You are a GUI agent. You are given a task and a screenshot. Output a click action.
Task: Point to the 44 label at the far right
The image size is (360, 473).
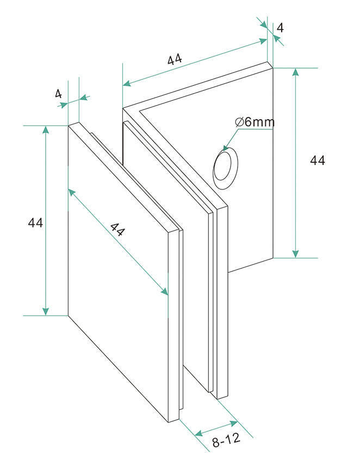(x=318, y=161)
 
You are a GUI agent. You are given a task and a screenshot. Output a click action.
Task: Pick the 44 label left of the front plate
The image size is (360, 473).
(x=35, y=223)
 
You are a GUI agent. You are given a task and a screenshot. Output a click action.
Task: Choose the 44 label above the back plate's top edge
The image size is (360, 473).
(x=175, y=59)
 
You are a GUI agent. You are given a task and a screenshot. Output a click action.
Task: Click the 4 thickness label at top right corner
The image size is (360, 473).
(x=280, y=27)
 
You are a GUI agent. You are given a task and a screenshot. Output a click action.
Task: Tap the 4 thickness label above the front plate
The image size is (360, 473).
(x=58, y=93)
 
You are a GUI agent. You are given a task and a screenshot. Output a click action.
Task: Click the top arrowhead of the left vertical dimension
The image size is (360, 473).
(x=46, y=130)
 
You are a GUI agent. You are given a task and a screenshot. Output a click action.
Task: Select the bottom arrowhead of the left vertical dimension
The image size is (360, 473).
(x=46, y=311)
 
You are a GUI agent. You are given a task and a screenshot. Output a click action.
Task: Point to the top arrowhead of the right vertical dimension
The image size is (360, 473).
(x=295, y=72)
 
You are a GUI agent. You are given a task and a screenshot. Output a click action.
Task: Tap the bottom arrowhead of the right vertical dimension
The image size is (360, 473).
(x=295, y=253)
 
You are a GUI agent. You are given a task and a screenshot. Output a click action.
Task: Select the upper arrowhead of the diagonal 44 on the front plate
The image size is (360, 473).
(x=71, y=191)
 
